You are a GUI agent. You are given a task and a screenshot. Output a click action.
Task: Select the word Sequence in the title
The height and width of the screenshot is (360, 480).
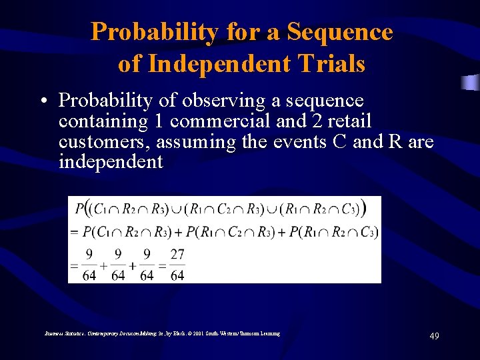(x=339, y=31)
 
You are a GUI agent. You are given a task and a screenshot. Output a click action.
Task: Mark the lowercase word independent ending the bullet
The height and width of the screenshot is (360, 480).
(x=111, y=162)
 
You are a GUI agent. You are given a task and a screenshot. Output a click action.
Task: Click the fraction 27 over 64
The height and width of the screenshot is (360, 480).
(x=177, y=265)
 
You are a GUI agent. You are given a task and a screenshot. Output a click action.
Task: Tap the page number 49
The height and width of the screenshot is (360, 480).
(x=433, y=337)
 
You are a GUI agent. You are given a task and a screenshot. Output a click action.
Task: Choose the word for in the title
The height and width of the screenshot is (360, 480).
(x=261, y=31)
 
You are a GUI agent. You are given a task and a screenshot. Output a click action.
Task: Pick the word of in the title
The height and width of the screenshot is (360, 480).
(x=130, y=63)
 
